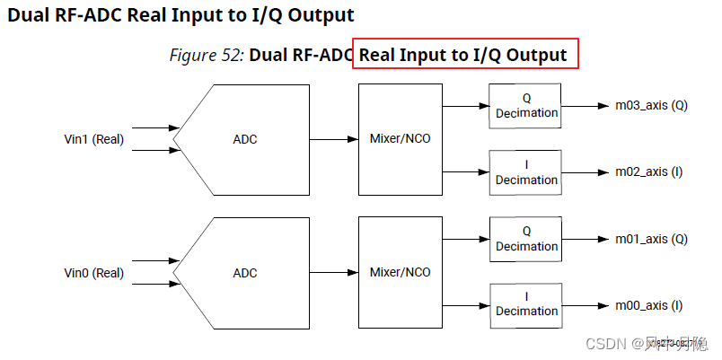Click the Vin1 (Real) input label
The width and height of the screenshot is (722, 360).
pos(94,139)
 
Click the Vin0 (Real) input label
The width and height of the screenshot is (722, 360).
pos(94,273)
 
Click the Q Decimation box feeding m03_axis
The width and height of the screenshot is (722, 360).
pos(526,106)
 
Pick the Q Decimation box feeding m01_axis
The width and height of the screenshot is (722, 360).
pos(526,239)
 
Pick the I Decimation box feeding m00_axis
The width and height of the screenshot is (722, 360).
pos(526,305)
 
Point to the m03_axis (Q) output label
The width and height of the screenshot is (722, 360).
pos(651,106)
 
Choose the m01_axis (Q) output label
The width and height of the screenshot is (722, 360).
pos(651,239)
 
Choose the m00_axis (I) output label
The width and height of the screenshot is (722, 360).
pos(649,305)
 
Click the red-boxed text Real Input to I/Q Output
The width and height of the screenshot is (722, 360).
pos(463,55)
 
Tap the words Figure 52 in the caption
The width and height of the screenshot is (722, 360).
pos(207,55)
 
